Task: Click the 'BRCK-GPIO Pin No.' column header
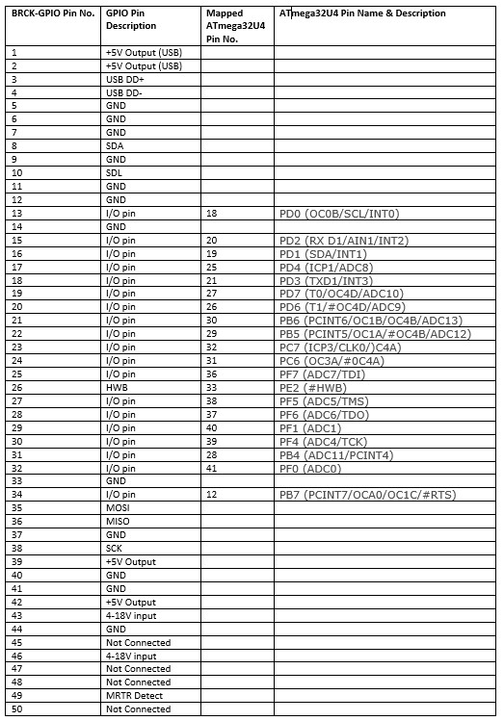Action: point(52,13)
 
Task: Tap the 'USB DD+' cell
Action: point(124,79)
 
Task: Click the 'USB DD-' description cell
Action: point(124,92)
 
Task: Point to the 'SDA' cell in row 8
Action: point(115,146)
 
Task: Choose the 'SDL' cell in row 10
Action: point(115,172)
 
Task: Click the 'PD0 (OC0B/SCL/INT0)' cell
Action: point(338,214)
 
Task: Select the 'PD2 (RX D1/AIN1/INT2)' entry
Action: point(343,240)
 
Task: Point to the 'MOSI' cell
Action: point(118,507)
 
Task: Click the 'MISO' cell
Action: point(118,521)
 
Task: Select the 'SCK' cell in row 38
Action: point(115,548)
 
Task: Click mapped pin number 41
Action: point(212,468)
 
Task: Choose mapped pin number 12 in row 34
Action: point(212,495)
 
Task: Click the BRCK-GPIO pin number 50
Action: point(16,709)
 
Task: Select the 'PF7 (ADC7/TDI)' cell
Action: point(323,373)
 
